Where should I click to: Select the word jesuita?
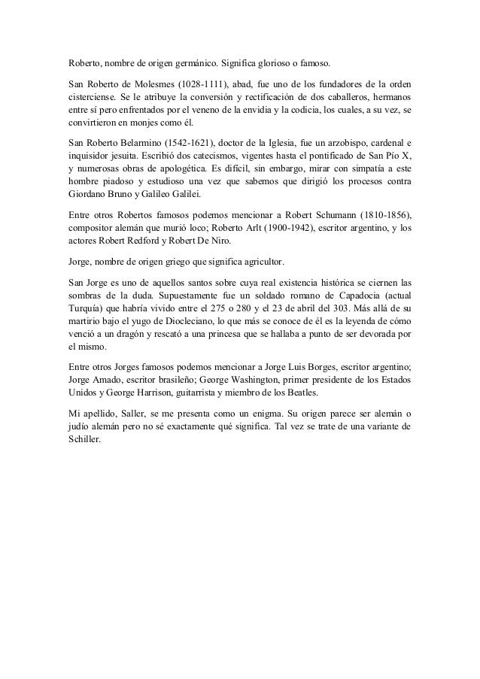(x=135, y=156)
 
